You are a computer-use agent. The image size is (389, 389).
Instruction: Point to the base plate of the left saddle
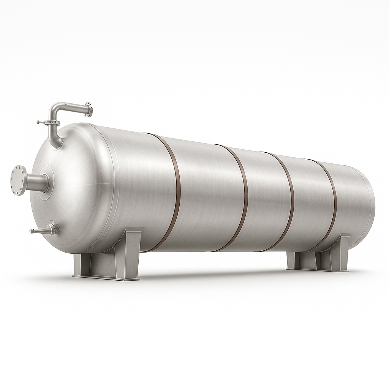pyautogui.click(x=106, y=277)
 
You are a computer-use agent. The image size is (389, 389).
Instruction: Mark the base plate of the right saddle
pyautogui.click(x=319, y=270)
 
